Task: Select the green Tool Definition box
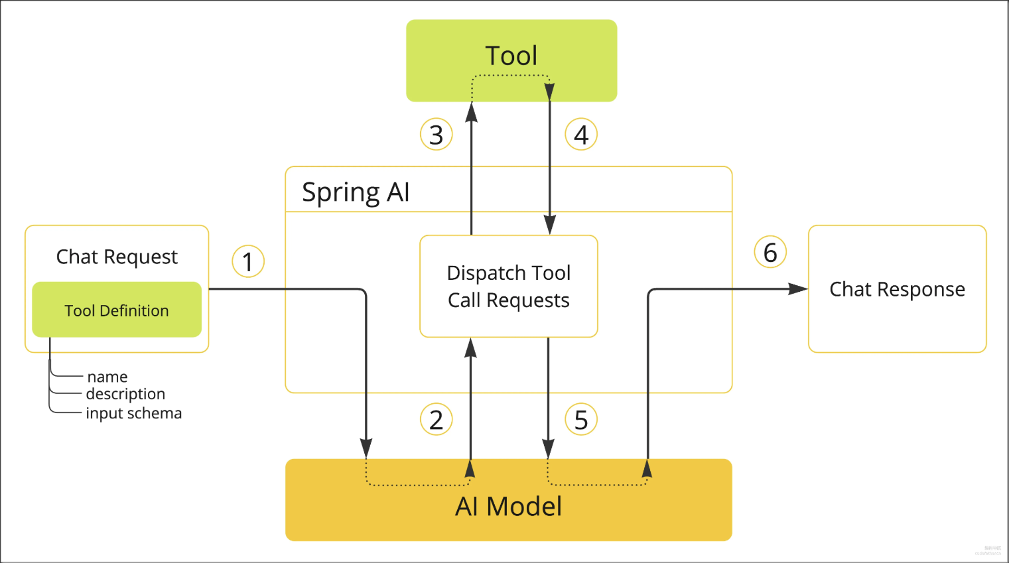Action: point(117,310)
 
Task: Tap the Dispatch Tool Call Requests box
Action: point(509,286)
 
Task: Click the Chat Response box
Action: point(897,289)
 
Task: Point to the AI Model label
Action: point(508,507)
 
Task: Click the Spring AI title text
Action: point(356,192)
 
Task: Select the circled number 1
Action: point(248,261)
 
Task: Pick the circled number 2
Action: point(436,420)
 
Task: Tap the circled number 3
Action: point(436,135)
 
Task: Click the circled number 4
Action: point(581,135)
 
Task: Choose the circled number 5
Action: point(581,420)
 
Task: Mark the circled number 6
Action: point(770,253)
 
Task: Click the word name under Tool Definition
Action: point(107,377)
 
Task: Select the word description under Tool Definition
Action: point(125,394)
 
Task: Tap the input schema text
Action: point(133,413)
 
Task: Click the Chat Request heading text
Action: point(117,257)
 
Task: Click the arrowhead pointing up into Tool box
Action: point(472,112)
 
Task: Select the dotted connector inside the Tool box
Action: point(511,76)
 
